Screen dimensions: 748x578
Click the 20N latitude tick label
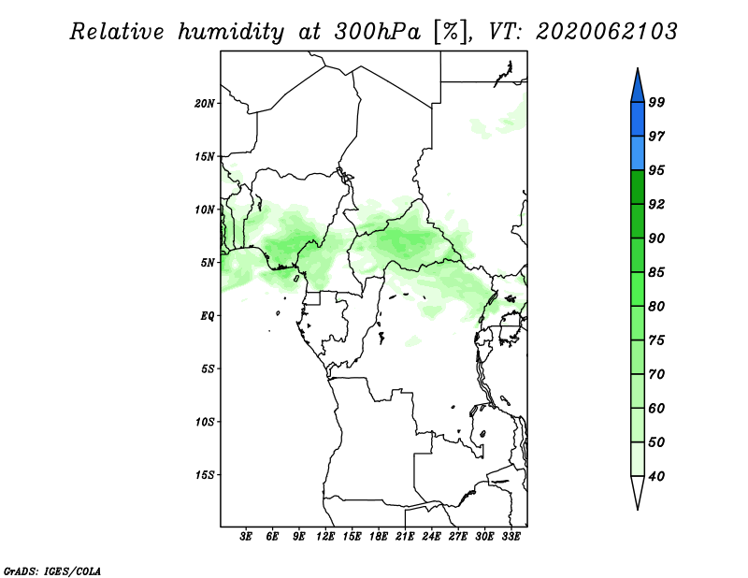(205, 104)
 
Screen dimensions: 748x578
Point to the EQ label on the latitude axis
(207, 316)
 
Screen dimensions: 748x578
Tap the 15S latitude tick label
(205, 475)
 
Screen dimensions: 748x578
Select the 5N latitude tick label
(208, 263)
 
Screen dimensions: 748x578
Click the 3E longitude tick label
(246, 537)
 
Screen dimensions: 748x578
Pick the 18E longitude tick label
(379, 537)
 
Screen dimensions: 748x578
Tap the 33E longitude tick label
(511, 537)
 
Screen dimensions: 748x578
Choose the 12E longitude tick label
(325, 537)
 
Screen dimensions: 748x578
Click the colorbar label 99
(656, 102)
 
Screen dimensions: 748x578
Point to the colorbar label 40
(656, 476)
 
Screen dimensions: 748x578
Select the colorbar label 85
(656, 272)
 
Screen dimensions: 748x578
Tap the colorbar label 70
(656, 374)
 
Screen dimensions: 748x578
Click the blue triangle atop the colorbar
(638, 87)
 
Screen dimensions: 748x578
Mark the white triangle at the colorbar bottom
(638, 491)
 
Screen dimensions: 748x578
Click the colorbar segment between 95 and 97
(638, 153)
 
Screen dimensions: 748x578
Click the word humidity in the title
(231, 33)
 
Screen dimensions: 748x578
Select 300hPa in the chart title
(378, 32)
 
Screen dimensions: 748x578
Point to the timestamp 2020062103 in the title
(606, 32)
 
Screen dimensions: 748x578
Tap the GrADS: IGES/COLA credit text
(52, 571)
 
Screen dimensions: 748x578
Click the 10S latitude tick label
(205, 422)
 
